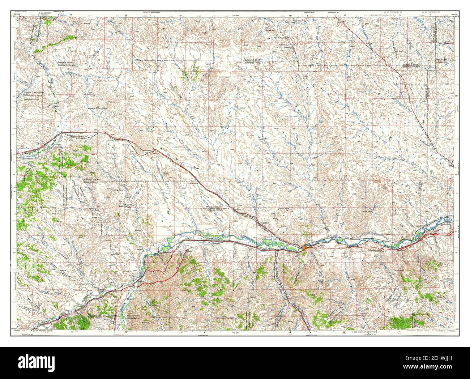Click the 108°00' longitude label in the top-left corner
point(15,14)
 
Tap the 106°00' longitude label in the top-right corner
point(454,14)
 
